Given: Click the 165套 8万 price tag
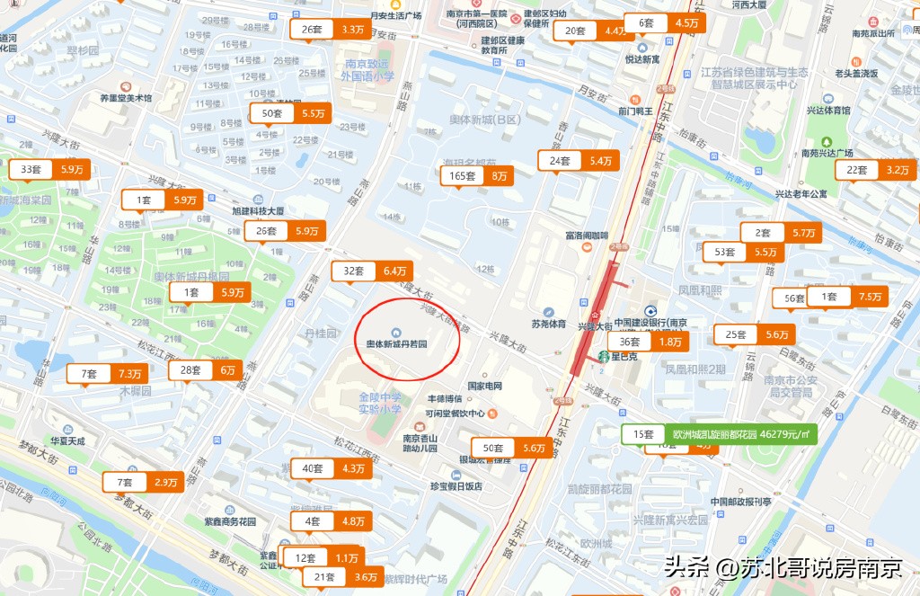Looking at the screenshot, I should [x=477, y=175].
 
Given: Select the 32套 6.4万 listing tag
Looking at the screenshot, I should [x=372, y=270].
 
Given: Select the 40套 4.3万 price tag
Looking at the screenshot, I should [x=332, y=467].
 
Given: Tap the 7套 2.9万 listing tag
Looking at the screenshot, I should [x=144, y=482].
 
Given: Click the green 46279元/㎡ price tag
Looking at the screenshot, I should [x=720, y=433].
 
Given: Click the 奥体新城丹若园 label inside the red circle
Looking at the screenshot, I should [x=396, y=343].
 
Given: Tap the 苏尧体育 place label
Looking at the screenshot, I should [x=548, y=324].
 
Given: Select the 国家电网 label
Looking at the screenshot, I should [x=484, y=387].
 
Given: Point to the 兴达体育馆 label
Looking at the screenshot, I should [x=827, y=111].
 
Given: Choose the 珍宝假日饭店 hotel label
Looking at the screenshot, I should [x=456, y=485].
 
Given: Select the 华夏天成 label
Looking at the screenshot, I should [x=67, y=441].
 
